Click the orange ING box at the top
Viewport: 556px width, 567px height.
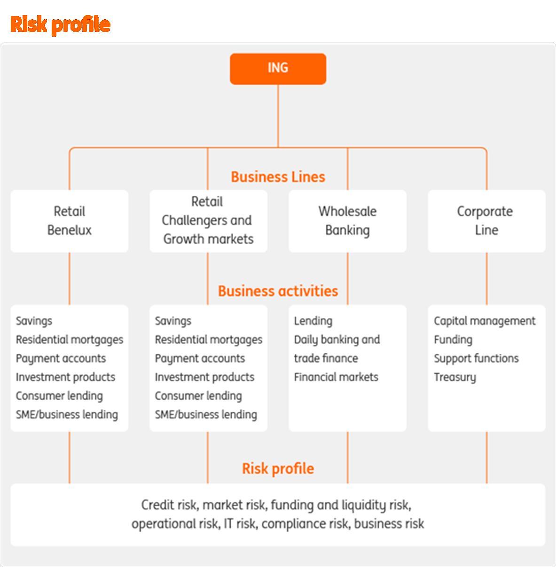pyautogui.click(x=278, y=69)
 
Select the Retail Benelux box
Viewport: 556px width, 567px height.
pyautogui.click(x=69, y=221)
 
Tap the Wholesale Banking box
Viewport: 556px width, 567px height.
pyautogui.click(x=347, y=221)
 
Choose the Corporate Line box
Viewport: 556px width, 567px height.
pyautogui.click(x=486, y=221)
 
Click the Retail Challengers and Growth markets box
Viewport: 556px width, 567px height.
pyautogui.click(x=208, y=221)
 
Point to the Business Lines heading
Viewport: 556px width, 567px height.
pyautogui.click(x=278, y=177)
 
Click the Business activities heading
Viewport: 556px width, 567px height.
pyautogui.click(x=278, y=291)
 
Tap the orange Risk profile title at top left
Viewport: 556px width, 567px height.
pyautogui.click(x=60, y=24)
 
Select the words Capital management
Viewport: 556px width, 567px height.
pyautogui.click(x=484, y=321)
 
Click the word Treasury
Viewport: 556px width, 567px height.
pyautogui.click(x=454, y=377)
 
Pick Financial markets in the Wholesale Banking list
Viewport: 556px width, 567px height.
pyautogui.click(x=336, y=377)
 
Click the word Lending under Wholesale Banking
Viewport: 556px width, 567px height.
pyautogui.click(x=313, y=321)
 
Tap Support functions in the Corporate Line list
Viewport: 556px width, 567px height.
pyautogui.click(x=476, y=358)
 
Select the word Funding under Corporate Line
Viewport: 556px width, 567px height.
pyautogui.click(x=453, y=340)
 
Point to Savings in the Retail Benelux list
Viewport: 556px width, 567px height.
pyautogui.click(x=34, y=321)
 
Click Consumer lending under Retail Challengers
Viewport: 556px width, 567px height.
pyautogui.click(x=198, y=396)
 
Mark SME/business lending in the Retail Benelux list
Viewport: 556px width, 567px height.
pyautogui.click(x=67, y=415)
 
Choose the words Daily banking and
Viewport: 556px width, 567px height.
pyautogui.click(x=337, y=340)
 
